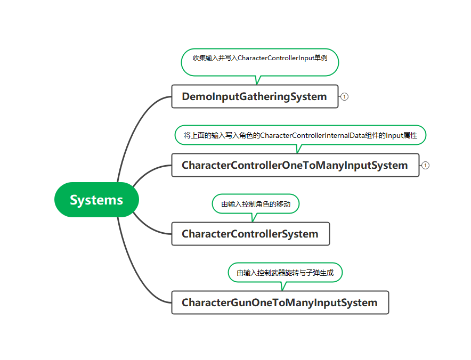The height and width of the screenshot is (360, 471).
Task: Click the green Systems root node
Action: click(x=96, y=200)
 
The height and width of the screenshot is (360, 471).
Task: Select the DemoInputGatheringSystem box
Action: click(x=255, y=96)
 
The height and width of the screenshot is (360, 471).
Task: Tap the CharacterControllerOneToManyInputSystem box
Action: click(x=295, y=165)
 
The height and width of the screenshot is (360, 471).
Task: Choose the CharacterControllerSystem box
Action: click(x=250, y=234)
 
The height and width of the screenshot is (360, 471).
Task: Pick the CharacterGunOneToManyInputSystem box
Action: click(x=280, y=302)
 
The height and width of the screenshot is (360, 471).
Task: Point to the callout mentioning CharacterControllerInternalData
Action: click(x=301, y=135)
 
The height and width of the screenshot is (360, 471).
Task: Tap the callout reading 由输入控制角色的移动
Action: click(x=256, y=203)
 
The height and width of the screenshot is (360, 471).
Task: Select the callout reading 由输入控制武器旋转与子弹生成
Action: click(x=285, y=272)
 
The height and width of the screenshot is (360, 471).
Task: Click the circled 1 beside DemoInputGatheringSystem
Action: click(x=344, y=97)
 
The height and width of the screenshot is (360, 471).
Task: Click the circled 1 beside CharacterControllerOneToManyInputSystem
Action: click(x=425, y=165)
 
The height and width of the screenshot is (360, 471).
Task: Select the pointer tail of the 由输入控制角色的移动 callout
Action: click(x=254, y=217)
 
